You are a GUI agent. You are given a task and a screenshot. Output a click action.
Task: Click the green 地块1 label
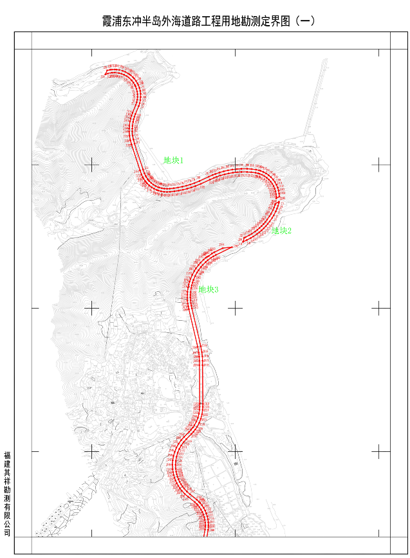coord(174,160)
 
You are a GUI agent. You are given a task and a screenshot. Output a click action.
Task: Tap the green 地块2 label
coord(282,231)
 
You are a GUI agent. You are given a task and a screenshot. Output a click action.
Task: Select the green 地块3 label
coord(209,290)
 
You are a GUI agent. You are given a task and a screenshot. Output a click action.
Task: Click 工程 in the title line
coord(228,21)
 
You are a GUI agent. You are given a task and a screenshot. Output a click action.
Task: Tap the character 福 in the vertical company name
coord(7,455)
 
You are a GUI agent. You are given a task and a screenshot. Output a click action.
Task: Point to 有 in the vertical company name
coord(7,507)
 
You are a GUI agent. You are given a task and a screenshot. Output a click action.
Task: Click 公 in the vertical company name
coord(7,524)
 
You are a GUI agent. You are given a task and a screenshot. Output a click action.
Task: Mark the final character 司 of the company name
coord(7,532)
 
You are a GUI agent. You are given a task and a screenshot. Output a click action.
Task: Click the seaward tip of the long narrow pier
coord(321,60)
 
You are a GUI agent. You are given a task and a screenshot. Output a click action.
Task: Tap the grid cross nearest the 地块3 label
coord(236,308)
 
